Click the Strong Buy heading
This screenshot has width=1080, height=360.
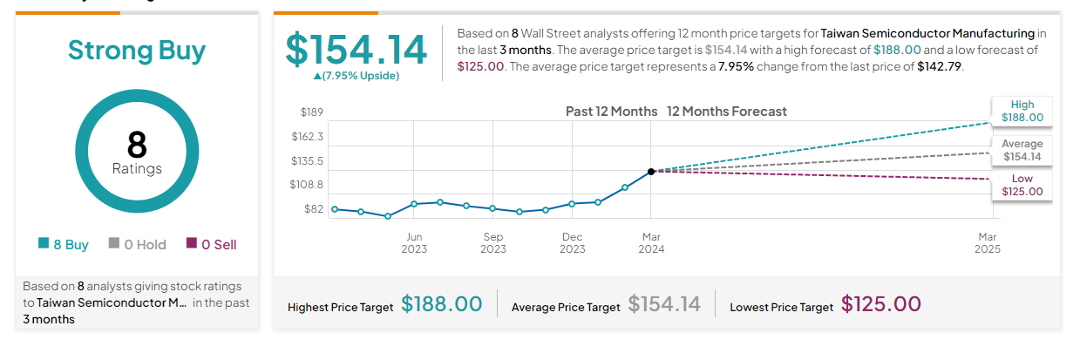[137, 51]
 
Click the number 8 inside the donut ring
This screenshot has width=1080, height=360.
[137, 144]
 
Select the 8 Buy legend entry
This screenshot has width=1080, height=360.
[64, 245]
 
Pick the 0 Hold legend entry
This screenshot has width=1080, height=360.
[137, 245]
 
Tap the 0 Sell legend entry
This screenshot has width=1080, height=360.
[211, 245]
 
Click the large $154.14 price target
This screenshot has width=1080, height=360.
[357, 50]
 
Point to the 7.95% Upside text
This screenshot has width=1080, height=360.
[357, 76]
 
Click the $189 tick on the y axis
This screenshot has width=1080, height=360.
[311, 112]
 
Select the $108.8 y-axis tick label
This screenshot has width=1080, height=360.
[306, 185]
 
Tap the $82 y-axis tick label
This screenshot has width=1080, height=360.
[313, 209]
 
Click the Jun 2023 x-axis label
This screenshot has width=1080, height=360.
[414, 242]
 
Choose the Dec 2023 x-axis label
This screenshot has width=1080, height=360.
[573, 242]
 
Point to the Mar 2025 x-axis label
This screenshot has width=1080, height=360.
[988, 242]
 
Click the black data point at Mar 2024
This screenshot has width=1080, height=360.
[651, 172]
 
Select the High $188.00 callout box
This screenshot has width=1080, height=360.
[1022, 111]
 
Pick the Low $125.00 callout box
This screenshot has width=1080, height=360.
[1022, 185]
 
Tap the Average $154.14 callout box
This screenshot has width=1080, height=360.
[1022, 150]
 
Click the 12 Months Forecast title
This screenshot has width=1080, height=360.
[726, 112]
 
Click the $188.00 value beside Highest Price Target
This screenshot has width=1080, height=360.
[441, 304]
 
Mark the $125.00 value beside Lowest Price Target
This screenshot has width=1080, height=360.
[880, 304]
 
